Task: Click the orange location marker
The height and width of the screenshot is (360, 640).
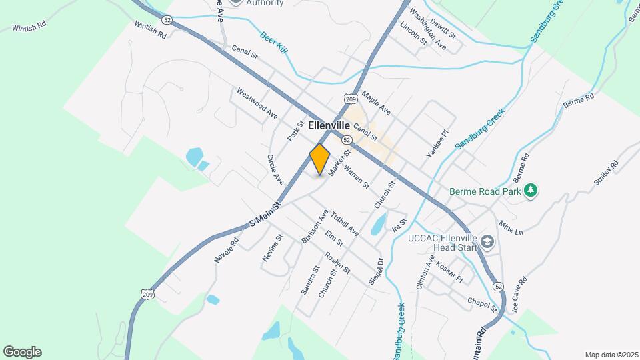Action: point(320,159)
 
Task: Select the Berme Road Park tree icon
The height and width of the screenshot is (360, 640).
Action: point(531,191)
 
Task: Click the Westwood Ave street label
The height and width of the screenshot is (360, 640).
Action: point(257,103)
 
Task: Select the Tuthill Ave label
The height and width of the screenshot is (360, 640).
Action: point(345,224)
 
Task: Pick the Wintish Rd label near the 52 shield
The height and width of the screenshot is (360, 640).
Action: point(150,30)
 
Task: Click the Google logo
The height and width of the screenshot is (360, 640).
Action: point(22,352)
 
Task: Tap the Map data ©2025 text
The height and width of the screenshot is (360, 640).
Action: point(611,355)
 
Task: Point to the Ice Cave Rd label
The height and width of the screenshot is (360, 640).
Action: point(519,295)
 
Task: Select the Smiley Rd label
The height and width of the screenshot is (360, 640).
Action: point(606,173)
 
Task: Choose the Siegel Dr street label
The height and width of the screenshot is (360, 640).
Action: point(377,272)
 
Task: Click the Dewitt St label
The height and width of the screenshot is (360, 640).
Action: point(443,28)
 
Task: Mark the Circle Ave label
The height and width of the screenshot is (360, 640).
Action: point(275,170)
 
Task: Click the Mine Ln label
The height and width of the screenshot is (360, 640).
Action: point(511,230)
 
